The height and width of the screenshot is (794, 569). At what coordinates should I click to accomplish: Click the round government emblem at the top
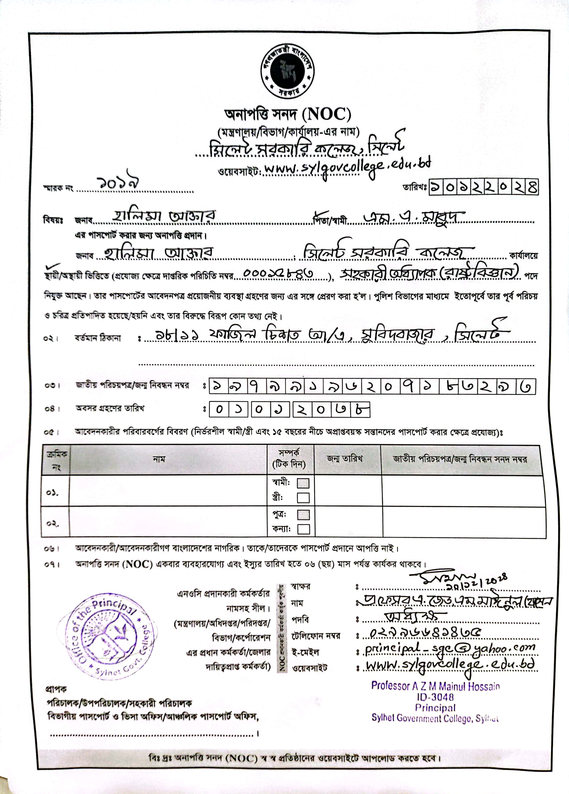pos(287,72)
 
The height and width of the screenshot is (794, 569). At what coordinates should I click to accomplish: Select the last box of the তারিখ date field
pos(532,188)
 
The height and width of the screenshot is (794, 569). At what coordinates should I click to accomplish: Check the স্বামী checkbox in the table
pos(303,483)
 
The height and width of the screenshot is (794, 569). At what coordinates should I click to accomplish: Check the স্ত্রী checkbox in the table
pos(303,498)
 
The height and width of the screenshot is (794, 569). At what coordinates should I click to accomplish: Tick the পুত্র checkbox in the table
pos(303,515)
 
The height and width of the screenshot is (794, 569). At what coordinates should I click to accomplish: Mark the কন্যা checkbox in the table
pos(303,529)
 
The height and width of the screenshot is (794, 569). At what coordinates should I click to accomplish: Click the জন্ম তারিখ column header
pos(345,459)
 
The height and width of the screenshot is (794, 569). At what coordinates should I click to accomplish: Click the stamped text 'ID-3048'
pos(435,697)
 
